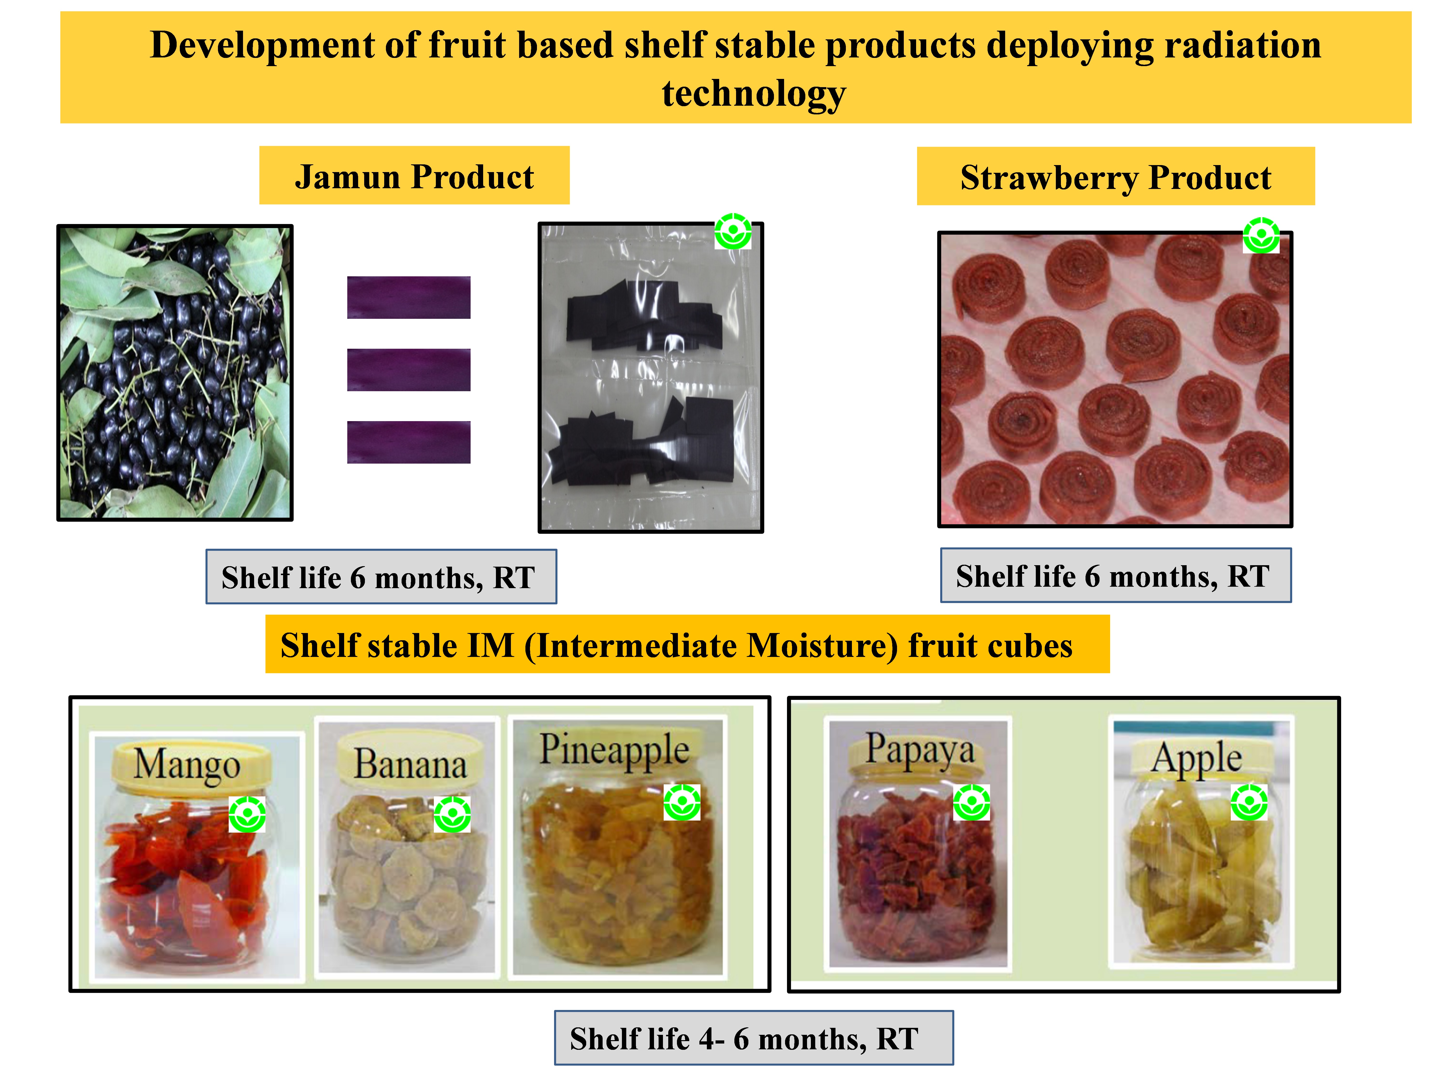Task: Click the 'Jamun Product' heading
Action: click(414, 177)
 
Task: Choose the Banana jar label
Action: click(411, 764)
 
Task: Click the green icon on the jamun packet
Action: click(732, 231)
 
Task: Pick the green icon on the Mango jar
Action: click(247, 814)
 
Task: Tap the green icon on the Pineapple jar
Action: click(682, 802)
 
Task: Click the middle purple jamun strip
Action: click(409, 370)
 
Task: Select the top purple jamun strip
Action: click(409, 297)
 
